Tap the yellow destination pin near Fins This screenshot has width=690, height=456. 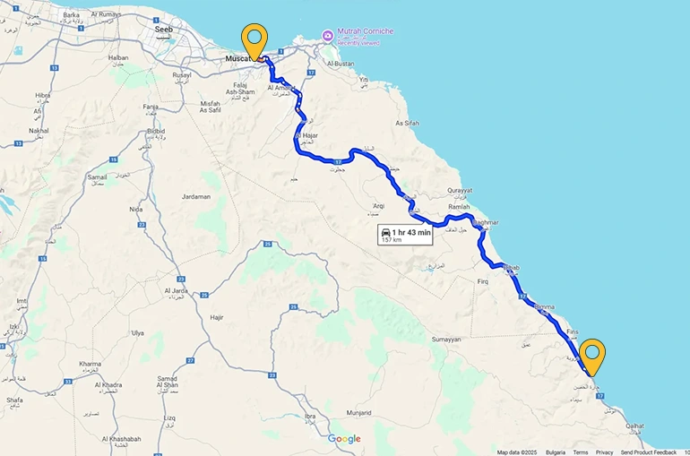pyautogui.click(x=591, y=355)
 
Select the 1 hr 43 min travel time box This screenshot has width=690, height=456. pyautogui.click(x=406, y=235)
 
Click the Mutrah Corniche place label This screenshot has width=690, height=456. pyautogui.click(x=365, y=31)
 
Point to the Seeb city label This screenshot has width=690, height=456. pyautogui.click(x=164, y=29)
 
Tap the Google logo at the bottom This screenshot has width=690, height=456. pyautogui.click(x=344, y=438)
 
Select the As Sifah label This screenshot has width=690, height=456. pyautogui.click(x=407, y=123)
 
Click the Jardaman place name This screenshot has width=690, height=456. pyautogui.click(x=195, y=196)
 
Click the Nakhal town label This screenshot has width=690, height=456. pyautogui.click(x=38, y=130)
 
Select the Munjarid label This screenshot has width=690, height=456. pyautogui.click(x=358, y=411)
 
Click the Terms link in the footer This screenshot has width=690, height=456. pyautogui.click(x=581, y=452)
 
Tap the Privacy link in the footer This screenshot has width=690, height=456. pyautogui.click(x=605, y=452)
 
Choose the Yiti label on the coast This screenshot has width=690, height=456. pyautogui.click(x=364, y=79)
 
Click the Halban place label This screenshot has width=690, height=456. pyautogui.click(x=118, y=57)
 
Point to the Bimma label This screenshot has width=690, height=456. pyautogui.click(x=544, y=306)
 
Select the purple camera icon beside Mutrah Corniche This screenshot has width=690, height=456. pyautogui.click(x=328, y=36)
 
